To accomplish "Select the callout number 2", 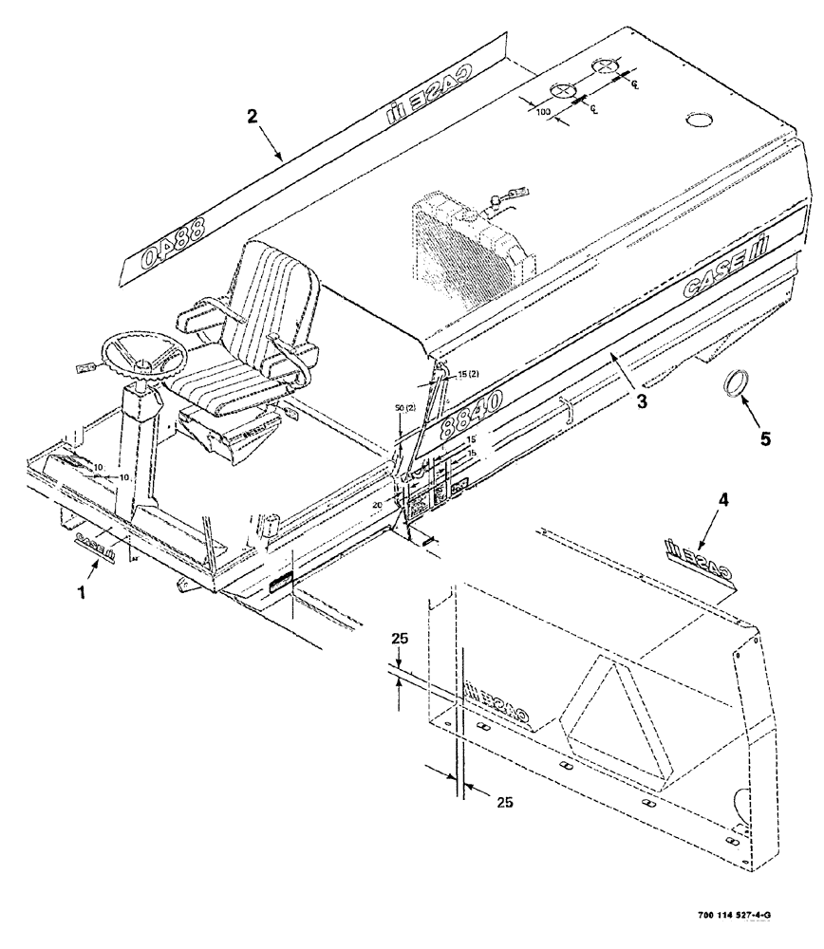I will coord(252,118).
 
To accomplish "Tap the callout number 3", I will coord(642,401).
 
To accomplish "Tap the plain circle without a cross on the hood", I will coord(700,119).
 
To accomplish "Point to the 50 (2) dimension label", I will coord(404,407).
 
